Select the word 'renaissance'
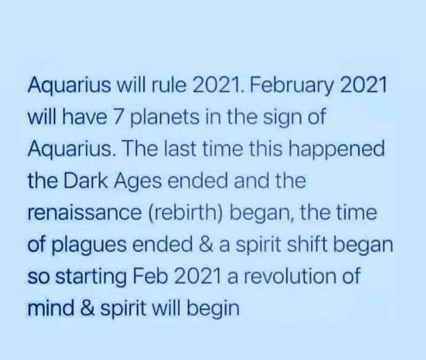[x=85, y=213]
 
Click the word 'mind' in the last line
[x=51, y=308]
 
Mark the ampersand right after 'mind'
[x=88, y=308]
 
